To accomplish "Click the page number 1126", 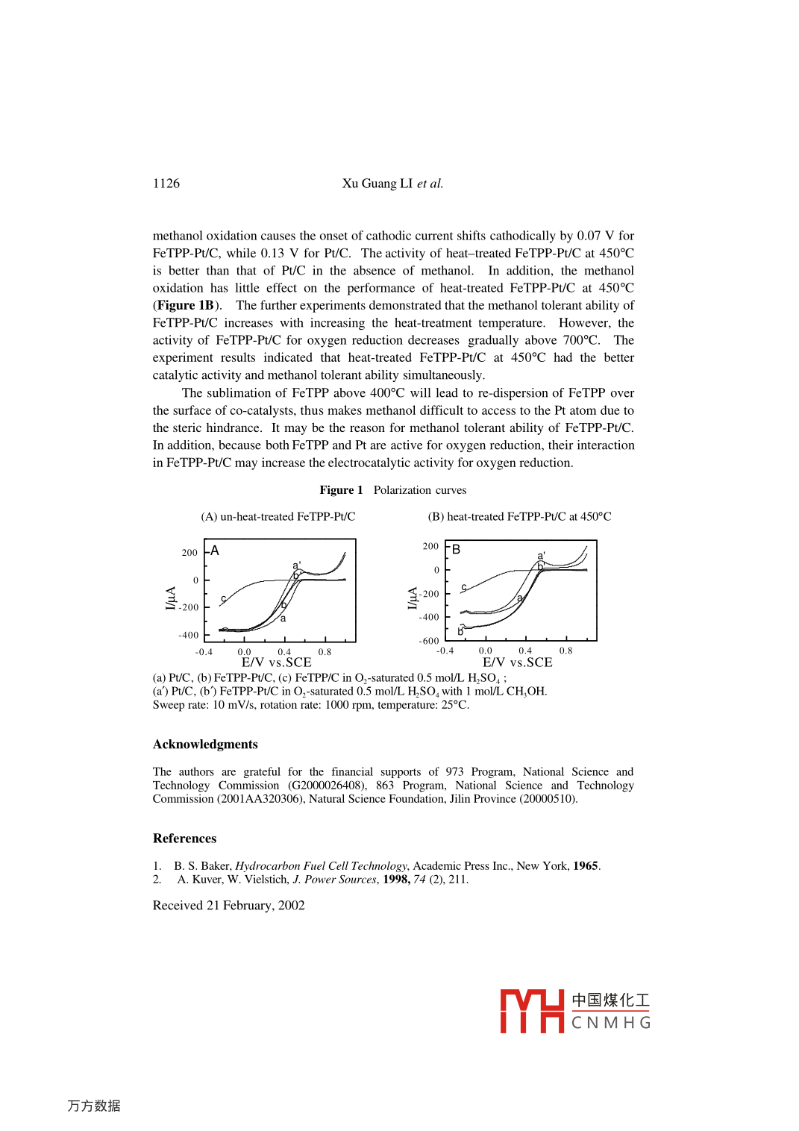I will [166, 184].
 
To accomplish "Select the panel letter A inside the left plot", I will [215, 551].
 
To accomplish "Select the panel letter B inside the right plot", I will [457, 549].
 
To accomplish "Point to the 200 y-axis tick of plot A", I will [189, 553].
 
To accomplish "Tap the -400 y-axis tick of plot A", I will [189, 636].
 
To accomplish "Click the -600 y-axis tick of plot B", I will [429, 641].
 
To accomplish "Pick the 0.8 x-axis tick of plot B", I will [566, 651].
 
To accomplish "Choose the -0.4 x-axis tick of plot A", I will [204, 652].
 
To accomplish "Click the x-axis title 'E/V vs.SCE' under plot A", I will [277, 662].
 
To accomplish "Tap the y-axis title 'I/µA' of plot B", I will [413, 598].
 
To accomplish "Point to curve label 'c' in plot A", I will [223, 598].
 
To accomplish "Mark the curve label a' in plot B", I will [542, 556].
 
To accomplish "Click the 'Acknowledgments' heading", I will [205, 745].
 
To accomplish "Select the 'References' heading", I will [185, 839].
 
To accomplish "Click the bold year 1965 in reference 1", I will [586, 866].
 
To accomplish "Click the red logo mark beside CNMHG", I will [531, 1012].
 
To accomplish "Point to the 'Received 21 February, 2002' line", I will [229, 906].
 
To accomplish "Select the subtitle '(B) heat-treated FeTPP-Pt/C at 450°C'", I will [519, 516].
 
